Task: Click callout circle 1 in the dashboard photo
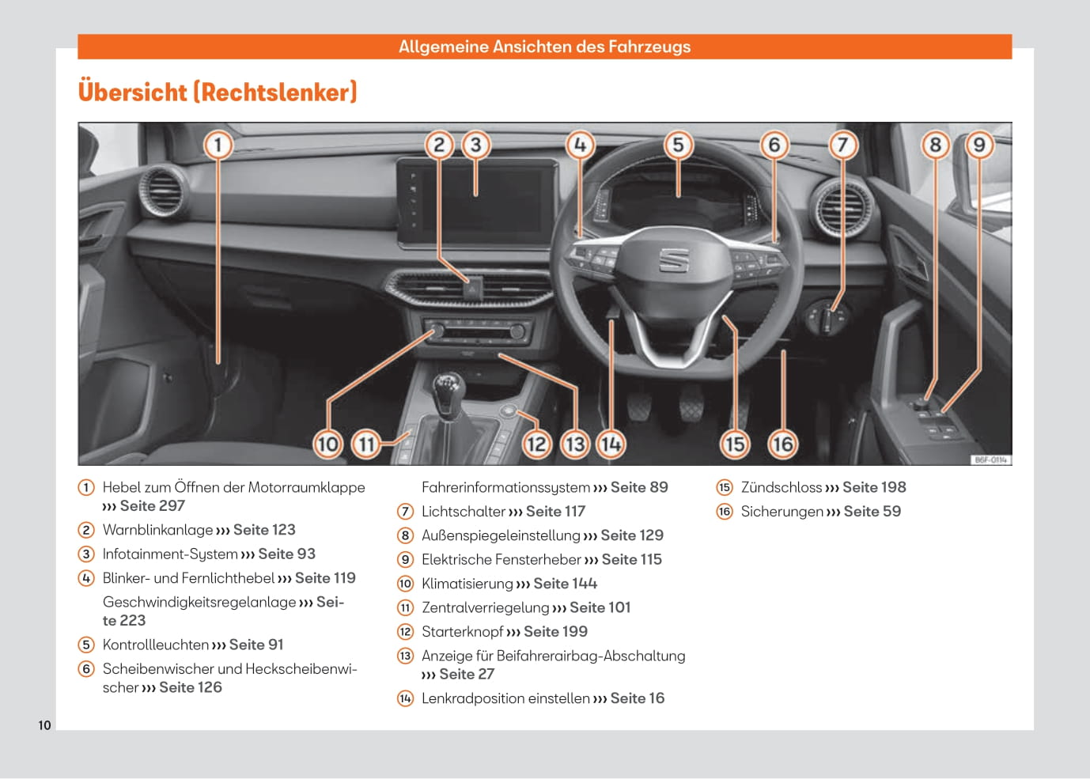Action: (x=218, y=145)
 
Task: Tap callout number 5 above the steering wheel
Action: (x=678, y=145)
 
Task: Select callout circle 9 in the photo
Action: (x=979, y=145)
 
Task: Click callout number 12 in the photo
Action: (x=536, y=444)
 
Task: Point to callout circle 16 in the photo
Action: (x=782, y=444)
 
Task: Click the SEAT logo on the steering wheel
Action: (x=674, y=259)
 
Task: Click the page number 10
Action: (x=44, y=725)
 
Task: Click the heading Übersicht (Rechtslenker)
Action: (x=218, y=92)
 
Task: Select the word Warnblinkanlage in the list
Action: (x=157, y=530)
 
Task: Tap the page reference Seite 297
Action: (x=152, y=506)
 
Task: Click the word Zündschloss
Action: (x=781, y=488)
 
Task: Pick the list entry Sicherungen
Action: (x=782, y=512)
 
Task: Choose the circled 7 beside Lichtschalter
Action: (x=405, y=512)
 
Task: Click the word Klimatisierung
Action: (x=467, y=584)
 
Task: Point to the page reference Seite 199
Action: (x=555, y=632)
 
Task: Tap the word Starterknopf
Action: (x=462, y=632)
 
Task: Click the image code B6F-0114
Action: (x=990, y=459)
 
